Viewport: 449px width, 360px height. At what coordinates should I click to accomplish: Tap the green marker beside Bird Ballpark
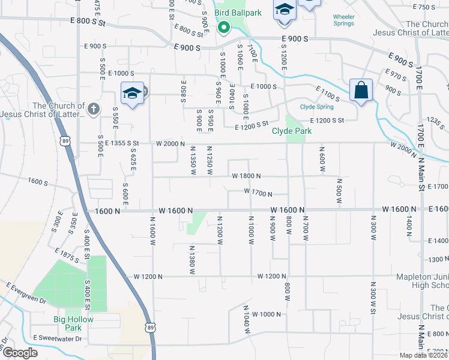223,27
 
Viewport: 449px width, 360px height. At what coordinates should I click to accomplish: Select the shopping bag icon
361,91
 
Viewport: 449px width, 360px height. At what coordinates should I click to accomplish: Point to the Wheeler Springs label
343,20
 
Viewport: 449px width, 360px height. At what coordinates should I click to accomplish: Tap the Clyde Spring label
316,107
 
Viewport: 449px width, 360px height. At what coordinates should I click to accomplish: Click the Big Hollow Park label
73,323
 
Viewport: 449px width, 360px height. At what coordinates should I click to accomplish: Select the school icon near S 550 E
132,94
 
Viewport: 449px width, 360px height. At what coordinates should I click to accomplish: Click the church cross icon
92,109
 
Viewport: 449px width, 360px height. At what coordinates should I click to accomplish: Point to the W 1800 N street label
246,176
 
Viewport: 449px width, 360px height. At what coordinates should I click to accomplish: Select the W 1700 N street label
258,193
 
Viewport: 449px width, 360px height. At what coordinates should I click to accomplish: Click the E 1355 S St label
122,143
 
